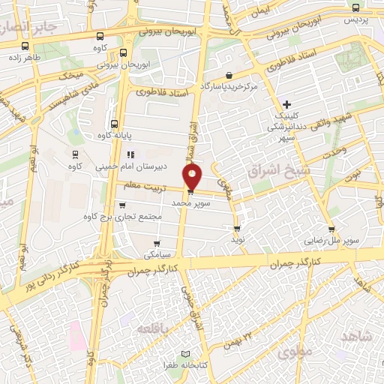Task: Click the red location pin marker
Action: [x=193, y=178]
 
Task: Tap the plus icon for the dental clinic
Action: [x=286, y=103]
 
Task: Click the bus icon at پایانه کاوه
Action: [x=114, y=124]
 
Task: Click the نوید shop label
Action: [x=238, y=241]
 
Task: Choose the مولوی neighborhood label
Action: [x=292, y=349]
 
